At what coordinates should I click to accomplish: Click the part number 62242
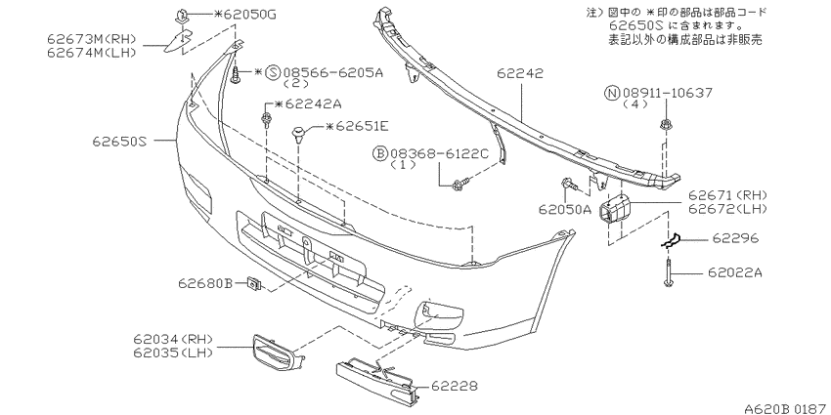click(x=520, y=74)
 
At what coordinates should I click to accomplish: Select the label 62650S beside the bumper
click(x=118, y=142)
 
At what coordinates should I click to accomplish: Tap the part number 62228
click(x=455, y=387)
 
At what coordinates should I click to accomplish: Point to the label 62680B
click(x=205, y=284)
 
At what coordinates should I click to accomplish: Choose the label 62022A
click(x=735, y=272)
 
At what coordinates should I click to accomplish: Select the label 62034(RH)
click(x=174, y=339)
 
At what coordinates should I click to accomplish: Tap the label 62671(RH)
click(x=727, y=196)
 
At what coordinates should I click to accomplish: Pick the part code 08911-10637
click(x=666, y=94)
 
